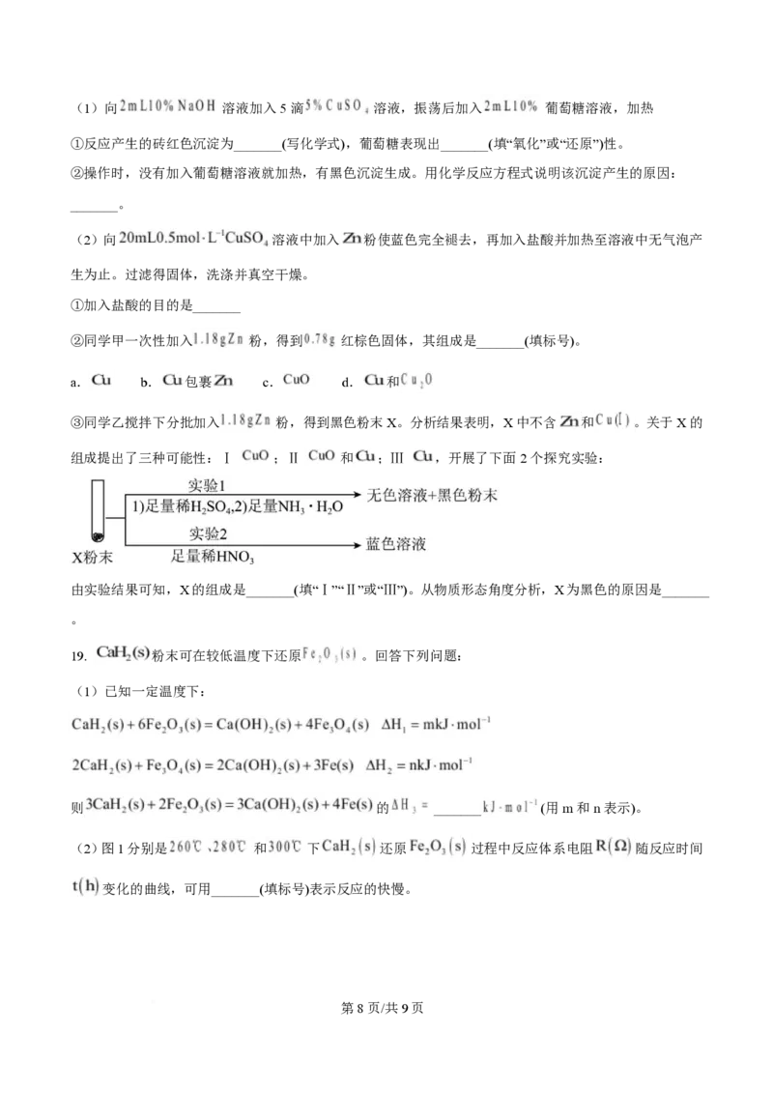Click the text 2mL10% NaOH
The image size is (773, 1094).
(x=168, y=105)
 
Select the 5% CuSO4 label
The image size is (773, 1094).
(x=337, y=106)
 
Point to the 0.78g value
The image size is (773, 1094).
(x=321, y=339)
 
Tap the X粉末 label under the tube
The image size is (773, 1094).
(x=93, y=558)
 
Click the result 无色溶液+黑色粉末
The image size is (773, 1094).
(x=432, y=496)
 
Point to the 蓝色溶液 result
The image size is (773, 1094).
(x=396, y=544)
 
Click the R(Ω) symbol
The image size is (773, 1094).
(x=613, y=847)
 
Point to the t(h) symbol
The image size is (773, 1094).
(x=84, y=886)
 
